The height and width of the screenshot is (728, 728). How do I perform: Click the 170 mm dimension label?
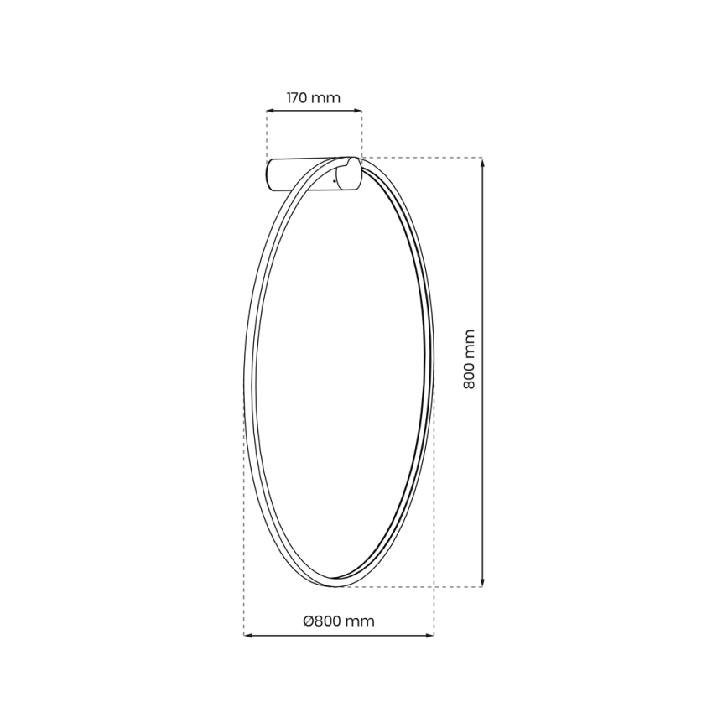(314, 98)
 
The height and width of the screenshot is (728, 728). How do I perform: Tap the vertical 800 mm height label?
(469, 359)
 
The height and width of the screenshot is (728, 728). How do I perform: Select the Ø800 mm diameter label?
(338, 621)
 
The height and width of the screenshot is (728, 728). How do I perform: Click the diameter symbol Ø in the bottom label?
(308, 621)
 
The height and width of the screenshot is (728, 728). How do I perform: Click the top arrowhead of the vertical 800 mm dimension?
(482, 162)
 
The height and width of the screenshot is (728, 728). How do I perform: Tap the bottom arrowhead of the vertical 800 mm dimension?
(482, 582)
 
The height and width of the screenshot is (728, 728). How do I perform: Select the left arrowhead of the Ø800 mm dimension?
(247, 635)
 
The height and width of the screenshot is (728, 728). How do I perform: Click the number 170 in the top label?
(299, 98)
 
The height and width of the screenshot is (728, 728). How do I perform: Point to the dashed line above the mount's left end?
(267, 134)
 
